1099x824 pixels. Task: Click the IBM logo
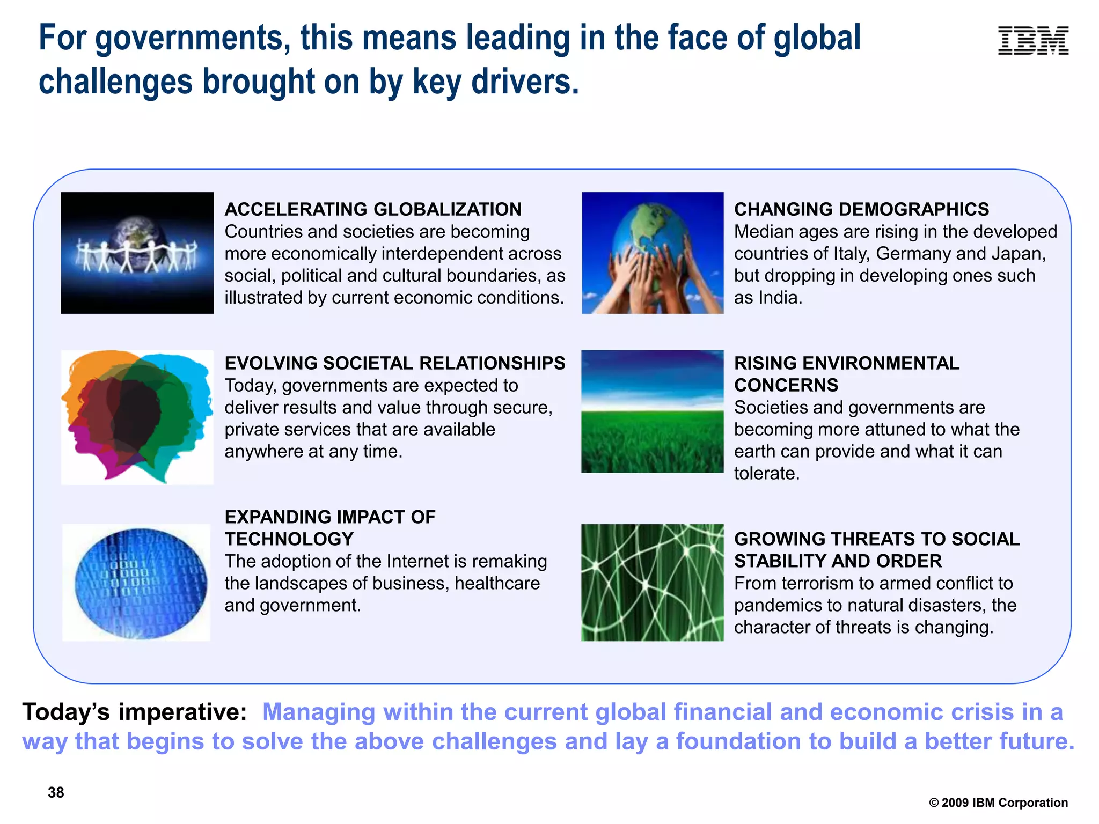coord(1033,41)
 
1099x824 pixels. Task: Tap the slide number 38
coord(56,792)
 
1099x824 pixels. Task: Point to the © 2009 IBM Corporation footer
coord(998,803)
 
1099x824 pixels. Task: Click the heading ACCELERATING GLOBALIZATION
coord(373,209)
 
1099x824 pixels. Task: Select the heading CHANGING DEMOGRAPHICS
coord(861,209)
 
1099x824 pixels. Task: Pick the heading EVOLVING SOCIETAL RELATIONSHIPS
coord(394,363)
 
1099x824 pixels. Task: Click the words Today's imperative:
coord(134,712)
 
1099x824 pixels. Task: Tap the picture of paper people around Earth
coord(137,253)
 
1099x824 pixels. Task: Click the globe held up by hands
coord(653,253)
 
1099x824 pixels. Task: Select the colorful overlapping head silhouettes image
coord(137,417)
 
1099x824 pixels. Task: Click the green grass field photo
coord(653,411)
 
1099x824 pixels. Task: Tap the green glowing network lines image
coord(653,583)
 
